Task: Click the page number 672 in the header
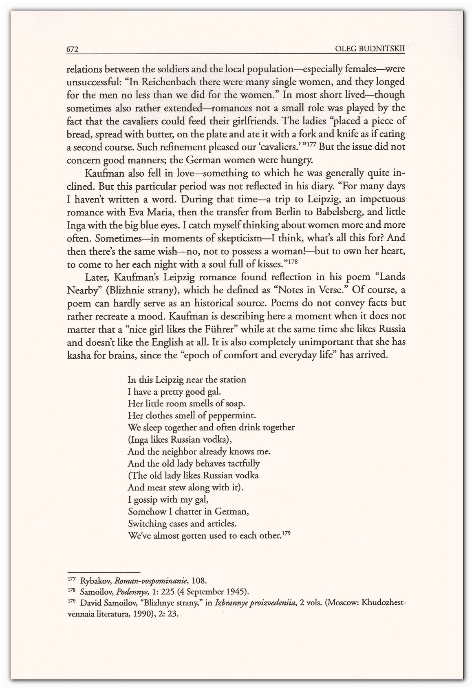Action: tap(72, 49)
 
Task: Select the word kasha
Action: tap(79, 355)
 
